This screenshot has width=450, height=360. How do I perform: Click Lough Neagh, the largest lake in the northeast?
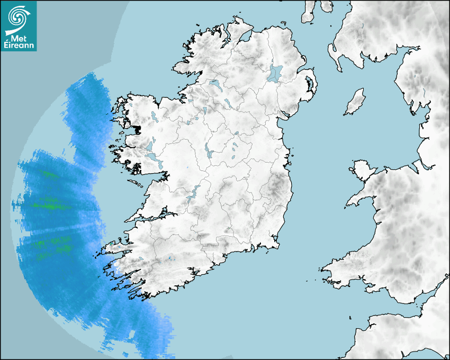click(x=276, y=73)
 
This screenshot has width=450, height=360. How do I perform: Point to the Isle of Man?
click(x=355, y=102)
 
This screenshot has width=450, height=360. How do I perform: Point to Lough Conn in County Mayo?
click(x=154, y=116)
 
